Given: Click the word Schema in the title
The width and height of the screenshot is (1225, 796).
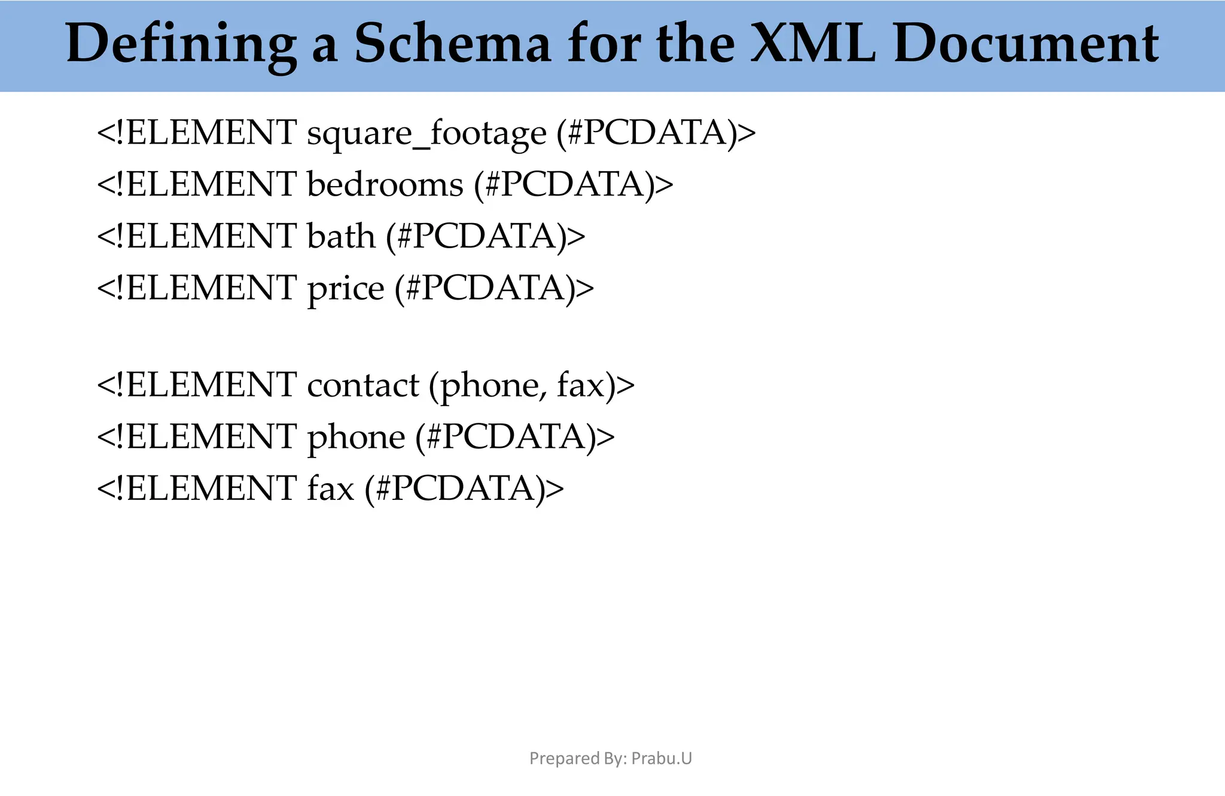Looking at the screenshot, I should (x=452, y=43).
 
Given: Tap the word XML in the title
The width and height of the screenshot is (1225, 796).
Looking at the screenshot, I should (x=812, y=43).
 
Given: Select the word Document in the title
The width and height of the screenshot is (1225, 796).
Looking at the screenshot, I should (x=1026, y=43).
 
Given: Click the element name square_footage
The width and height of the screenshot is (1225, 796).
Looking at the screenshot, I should (x=426, y=133).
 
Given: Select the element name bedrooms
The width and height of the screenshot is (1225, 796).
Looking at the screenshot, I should (x=385, y=184).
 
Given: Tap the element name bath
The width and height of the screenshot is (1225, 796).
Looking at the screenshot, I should (x=341, y=236).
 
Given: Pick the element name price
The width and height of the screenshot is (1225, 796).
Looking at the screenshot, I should (x=346, y=289).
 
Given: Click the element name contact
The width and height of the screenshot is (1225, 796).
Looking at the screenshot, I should (x=363, y=385).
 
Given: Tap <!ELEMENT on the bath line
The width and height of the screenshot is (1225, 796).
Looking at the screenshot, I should (x=197, y=236).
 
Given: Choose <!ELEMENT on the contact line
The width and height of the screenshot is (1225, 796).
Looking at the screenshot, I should (x=197, y=385).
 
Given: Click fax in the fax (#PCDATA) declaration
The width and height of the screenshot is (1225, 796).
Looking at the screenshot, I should (x=331, y=488).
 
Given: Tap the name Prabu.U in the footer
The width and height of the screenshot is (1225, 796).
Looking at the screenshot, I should (x=662, y=758).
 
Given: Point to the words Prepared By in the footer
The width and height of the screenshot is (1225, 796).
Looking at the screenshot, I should (x=578, y=758).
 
